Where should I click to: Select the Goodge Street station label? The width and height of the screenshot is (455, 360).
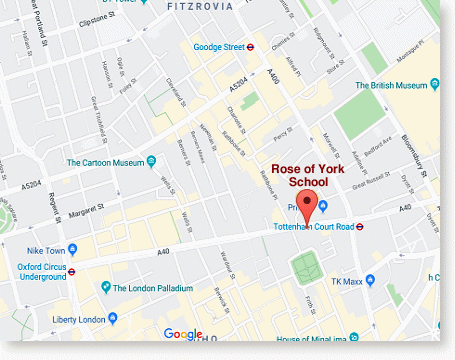pyautogui.click(x=218, y=46)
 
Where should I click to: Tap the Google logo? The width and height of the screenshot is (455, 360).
pyautogui.click(x=183, y=334)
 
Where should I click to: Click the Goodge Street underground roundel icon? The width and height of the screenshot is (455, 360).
pyautogui.click(x=252, y=46)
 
